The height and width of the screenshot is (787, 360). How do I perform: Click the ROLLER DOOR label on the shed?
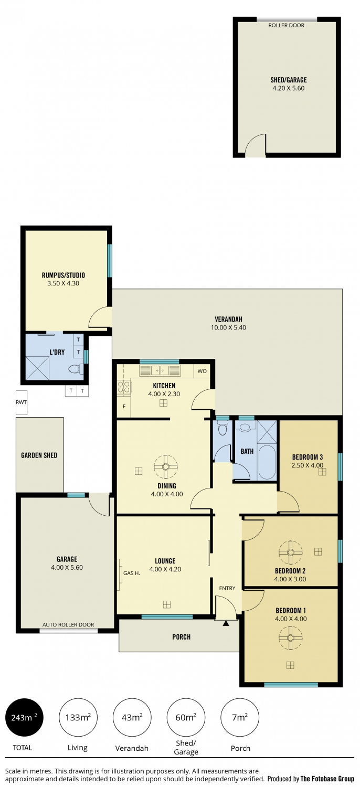[286, 25]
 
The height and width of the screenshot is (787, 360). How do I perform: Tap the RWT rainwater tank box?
[22, 402]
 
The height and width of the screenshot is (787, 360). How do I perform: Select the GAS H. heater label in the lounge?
[132, 573]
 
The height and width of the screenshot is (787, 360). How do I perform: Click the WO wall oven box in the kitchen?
[202, 371]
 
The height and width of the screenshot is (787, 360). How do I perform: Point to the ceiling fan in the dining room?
[165, 466]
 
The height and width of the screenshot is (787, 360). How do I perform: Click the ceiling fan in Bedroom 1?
[290, 637]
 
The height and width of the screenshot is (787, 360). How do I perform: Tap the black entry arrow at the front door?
[226, 623]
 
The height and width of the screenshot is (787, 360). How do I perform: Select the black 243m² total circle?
[24, 717]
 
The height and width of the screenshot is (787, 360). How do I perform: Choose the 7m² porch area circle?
[240, 717]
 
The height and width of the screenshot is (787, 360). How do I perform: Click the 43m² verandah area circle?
[132, 717]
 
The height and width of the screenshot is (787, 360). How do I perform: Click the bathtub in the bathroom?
[267, 462]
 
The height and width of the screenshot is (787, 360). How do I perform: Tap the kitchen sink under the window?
[160, 370]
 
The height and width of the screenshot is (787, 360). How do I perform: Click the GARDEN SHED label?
[39, 455]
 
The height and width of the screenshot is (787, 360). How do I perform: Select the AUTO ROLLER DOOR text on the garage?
[68, 625]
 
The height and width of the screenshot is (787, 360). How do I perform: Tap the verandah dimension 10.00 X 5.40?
[228, 327]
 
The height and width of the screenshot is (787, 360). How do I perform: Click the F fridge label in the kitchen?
[124, 407]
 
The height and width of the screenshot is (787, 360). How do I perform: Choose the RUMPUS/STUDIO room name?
[63, 275]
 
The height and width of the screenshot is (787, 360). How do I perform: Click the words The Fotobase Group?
[327, 779]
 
